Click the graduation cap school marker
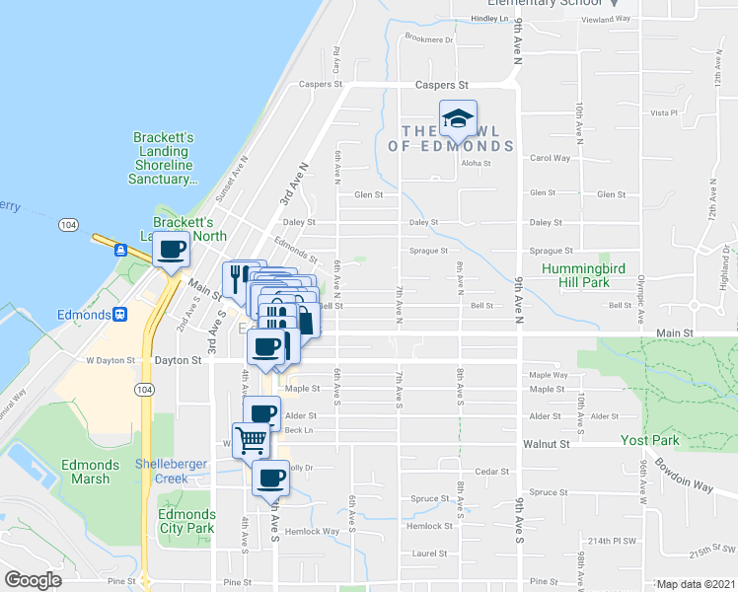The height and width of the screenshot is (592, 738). pos(458,120)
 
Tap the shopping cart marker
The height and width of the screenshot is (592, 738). pos(252,438)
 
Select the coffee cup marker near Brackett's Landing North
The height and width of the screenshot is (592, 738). pos(171,251)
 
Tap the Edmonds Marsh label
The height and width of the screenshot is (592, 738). pos(90,473)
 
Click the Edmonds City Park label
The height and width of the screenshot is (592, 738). pos(185,521)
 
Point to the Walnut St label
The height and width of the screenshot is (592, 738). pos(548,445)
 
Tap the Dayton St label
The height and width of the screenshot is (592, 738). pos(178,361)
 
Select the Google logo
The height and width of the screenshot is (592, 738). pos(33,580)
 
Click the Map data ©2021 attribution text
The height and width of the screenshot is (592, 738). pos(696,584)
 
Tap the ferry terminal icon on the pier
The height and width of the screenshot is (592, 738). pos(120,250)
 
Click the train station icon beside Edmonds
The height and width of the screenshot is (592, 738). pos(120,315)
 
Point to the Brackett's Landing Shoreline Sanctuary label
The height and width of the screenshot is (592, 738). pos(162,158)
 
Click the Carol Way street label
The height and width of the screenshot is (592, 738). pos(550,158)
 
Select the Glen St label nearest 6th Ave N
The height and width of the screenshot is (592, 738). pos(368,195)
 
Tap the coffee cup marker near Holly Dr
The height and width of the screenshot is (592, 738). pos(269,479)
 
